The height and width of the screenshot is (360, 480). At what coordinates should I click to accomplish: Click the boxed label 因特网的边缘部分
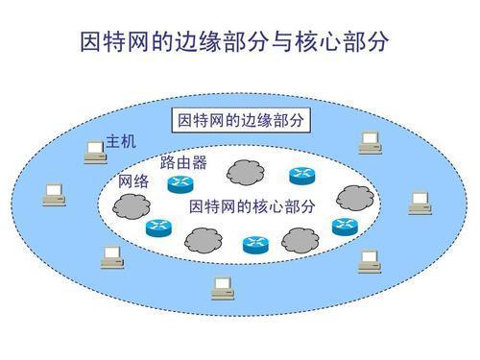(239, 121)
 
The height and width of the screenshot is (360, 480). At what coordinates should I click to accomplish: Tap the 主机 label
(121, 142)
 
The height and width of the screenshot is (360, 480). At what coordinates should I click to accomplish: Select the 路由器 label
(183, 162)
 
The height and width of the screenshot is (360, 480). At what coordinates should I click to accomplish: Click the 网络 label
(133, 181)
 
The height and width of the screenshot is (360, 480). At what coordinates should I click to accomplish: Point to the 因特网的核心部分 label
(252, 206)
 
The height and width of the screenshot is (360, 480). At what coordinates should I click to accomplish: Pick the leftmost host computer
(53, 195)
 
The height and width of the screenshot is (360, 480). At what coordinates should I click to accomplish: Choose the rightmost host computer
(420, 203)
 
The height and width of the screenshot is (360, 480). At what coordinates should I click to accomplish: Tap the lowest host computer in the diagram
(222, 286)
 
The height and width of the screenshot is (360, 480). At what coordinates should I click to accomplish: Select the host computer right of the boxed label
(370, 143)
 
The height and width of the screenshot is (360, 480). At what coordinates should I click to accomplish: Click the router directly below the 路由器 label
(180, 184)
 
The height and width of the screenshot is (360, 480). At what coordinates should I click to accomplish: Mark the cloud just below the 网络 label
(126, 204)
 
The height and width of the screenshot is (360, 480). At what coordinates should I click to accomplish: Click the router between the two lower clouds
(254, 244)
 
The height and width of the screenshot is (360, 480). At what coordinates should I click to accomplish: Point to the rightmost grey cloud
(354, 197)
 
